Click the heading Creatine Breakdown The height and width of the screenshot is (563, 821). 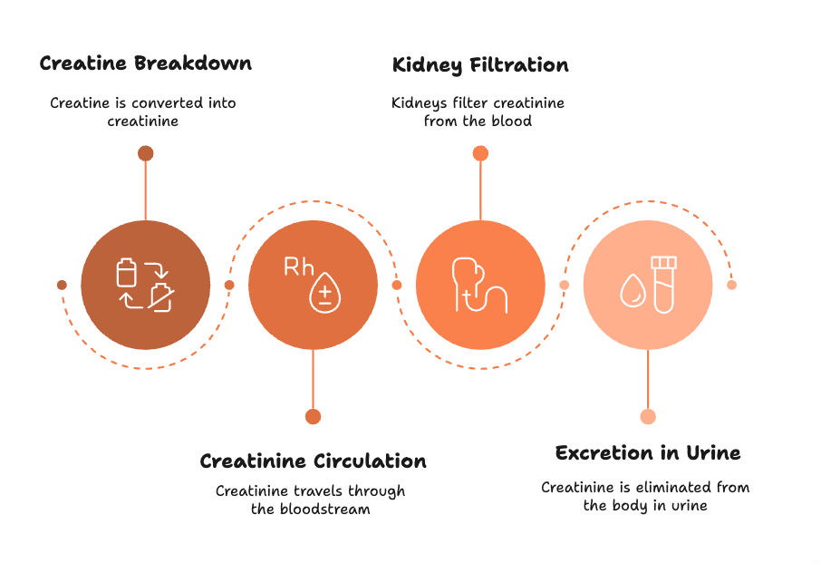(x=145, y=63)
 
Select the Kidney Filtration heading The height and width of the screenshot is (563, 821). (x=480, y=65)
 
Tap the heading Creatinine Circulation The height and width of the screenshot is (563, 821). (x=313, y=461)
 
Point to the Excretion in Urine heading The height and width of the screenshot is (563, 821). (x=648, y=452)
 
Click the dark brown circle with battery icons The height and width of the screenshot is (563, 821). (x=145, y=284)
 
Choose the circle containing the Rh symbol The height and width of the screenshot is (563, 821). (x=313, y=284)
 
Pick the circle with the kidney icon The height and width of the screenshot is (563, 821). (x=480, y=284)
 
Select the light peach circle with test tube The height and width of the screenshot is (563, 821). (x=648, y=284)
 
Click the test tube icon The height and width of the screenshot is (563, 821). (x=664, y=285)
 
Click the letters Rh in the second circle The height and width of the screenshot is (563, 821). (x=299, y=267)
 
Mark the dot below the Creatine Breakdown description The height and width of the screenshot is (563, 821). (x=145, y=153)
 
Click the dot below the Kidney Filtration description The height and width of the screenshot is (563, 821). (x=480, y=153)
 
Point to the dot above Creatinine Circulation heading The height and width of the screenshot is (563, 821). (x=313, y=416)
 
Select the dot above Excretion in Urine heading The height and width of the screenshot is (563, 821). (x=648, y=416)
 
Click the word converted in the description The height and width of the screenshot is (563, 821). (x=168, y=102)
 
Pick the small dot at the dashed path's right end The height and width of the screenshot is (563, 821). (x=732, y=285)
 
